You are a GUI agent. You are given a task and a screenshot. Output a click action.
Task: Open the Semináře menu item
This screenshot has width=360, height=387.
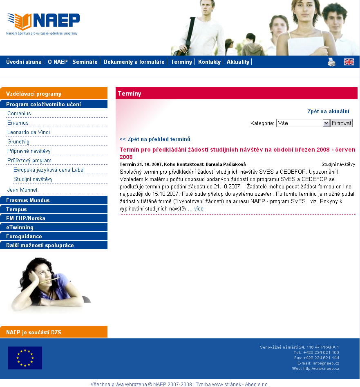(85, 62)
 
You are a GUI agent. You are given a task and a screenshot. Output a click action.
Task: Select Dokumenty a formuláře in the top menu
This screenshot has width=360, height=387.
(134, 62)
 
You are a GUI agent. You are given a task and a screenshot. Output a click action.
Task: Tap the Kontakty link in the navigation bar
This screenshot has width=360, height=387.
(209, 62)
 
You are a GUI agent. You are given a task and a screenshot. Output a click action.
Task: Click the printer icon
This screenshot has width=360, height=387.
(331, 62)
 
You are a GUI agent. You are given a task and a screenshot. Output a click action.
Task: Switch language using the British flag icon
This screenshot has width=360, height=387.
(349, 62)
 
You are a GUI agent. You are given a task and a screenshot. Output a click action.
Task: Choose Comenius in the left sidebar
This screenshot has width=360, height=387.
(19, 114)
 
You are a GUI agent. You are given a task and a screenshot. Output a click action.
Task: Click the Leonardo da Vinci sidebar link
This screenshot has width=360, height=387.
(29, 132)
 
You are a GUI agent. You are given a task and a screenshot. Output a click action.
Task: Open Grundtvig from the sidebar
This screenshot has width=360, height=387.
(18, 142)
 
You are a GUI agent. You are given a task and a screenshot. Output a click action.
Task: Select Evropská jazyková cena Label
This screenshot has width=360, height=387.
(49, 170)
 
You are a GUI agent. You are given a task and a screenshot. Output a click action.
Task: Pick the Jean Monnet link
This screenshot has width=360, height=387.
(22, 190)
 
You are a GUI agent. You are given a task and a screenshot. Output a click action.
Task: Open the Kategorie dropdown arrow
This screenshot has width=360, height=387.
(326, 123)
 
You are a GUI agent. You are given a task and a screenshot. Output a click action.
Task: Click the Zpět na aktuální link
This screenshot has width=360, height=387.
(328, 111)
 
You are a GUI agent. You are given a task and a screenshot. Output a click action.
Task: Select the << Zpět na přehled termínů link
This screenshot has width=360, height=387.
(155, 139)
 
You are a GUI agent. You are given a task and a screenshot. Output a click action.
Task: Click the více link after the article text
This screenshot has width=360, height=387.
(199, 209)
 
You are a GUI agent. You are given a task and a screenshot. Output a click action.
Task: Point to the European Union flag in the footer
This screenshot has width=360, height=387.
(25, 358)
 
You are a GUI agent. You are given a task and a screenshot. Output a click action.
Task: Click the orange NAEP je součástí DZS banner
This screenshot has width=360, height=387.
(54, 332)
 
